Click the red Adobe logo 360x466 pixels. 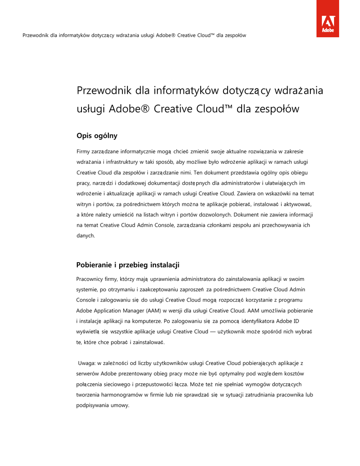tap(328, 19)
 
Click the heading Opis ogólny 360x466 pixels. tap(97, 135)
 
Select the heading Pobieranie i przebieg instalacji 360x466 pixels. tap(128, 264)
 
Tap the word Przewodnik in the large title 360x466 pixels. tap(103, 91)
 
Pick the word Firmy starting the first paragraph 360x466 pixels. tap(83, 151)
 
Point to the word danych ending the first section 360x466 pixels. tap(85, 236)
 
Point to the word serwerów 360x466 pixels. tap(87, 374)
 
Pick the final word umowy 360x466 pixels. tap(120, 405)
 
